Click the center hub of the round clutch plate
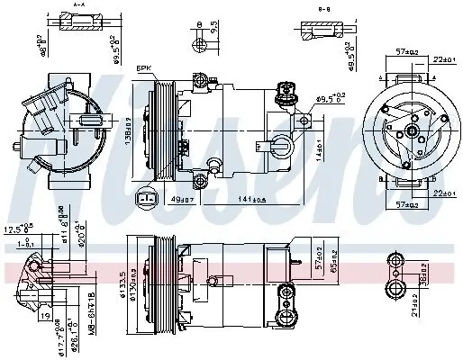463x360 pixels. (410, 130)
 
